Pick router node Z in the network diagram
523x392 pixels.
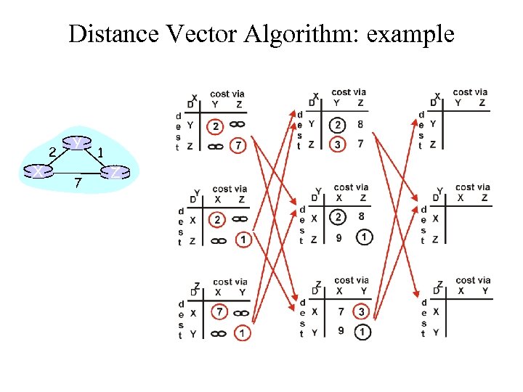point(115,172)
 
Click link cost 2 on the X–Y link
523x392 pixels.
point(52,152)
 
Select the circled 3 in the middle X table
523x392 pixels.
point(337,145)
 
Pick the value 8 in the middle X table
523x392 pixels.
point(361,124)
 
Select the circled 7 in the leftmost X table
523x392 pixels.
point(238,146)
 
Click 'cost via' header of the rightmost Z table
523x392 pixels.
point(472,280)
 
